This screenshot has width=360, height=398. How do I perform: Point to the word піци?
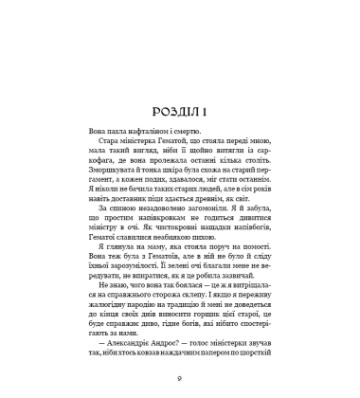173,171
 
